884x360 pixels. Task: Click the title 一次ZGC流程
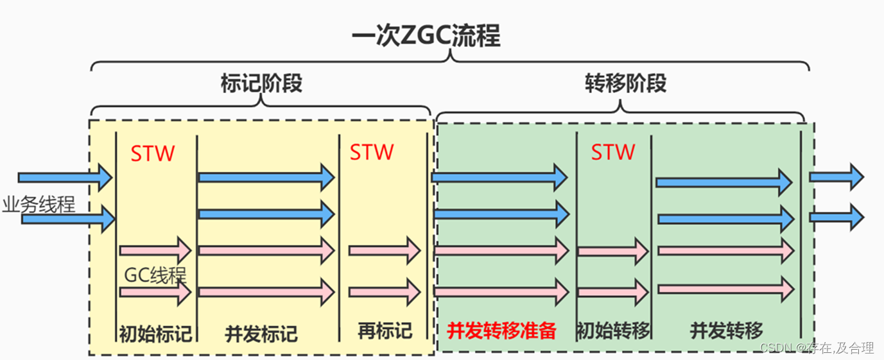426,37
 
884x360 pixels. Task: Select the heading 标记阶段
261,83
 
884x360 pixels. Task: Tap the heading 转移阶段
625,83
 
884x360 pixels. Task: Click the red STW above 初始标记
153,154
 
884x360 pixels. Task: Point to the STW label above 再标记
372,152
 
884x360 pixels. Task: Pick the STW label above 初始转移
613,152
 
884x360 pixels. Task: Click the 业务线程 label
39,205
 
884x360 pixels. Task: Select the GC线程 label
155,275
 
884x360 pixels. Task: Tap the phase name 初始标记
155,333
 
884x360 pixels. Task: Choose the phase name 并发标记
261,334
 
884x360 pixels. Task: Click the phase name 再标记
385,330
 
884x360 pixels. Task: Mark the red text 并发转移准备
501,330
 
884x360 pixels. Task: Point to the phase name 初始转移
614,330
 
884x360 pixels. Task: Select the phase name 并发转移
727,330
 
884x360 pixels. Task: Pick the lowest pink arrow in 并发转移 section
724,289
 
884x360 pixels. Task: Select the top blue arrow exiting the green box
836,176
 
